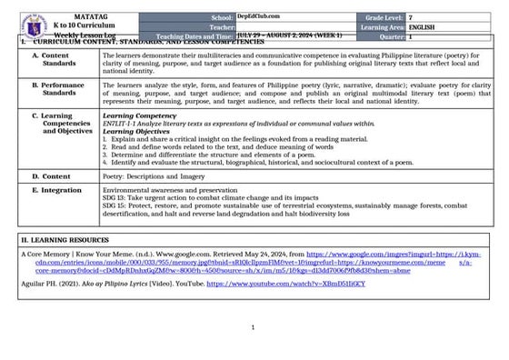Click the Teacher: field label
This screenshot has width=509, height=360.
222,27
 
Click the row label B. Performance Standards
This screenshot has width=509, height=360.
60,88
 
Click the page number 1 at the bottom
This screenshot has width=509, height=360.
253,326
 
